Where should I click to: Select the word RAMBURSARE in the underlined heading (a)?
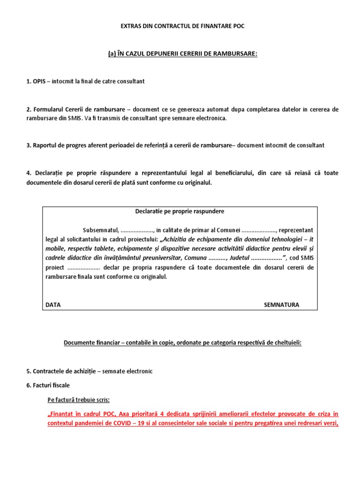click(x=238, y=54)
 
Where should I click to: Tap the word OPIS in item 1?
click(x=40, y=81)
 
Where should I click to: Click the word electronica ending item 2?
click(x=210, y=118)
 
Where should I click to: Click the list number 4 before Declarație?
click(x=28, y=173)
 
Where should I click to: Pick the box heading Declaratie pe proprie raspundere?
click(x=180, y=211)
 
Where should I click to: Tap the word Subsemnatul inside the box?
click(x=100, y=230)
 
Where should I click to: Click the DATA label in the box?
click(x=53, y=304)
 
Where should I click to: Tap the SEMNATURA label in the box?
click(x=281, y=304)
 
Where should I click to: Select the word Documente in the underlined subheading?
click(x=79, y=343)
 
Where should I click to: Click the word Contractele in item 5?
click(x=49, y=371)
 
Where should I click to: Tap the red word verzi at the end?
click(x=328, y=423)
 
